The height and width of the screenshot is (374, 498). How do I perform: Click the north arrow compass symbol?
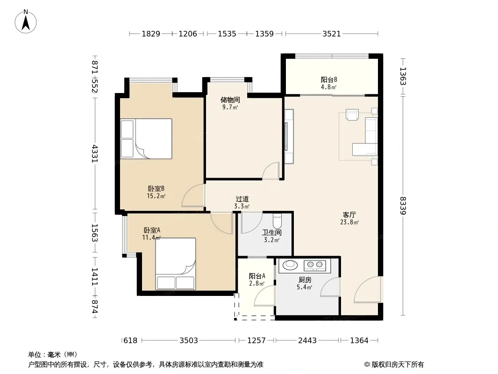tap(26, 22)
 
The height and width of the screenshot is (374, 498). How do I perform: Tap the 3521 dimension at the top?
tap(332, 34)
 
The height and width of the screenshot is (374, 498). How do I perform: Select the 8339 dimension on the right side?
tap(403, 206)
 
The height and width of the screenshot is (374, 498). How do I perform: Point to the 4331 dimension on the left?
tap(94, 154)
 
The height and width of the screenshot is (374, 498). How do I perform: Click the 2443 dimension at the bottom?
tap(307, 341)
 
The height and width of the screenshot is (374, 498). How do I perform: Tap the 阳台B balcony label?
tap(329, 79)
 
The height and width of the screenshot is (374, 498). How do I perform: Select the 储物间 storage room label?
tap(230, 100)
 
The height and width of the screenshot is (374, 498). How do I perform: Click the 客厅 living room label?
tap(349, 215)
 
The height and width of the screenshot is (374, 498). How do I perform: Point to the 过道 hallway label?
tap(242, 199)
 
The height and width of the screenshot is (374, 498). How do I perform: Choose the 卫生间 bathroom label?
tap(271, 233)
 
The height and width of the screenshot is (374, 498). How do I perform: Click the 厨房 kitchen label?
tap(305, 280)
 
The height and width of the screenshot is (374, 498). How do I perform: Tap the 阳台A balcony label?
tap(257, 276)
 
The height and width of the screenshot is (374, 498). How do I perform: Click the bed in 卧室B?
tap(146, 138)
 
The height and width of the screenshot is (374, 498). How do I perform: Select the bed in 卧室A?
tap(175, 264)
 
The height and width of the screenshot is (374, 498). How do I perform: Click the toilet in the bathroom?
tap(277, 220)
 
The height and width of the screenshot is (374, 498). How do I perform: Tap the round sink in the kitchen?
tap(290, 265)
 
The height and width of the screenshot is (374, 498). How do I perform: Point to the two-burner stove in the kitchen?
tap(314, 266)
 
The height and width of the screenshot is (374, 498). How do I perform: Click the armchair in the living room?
tap(352, 115)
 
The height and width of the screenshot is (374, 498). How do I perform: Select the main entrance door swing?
tap(367, 289)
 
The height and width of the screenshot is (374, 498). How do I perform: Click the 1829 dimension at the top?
tap(151, 34)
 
